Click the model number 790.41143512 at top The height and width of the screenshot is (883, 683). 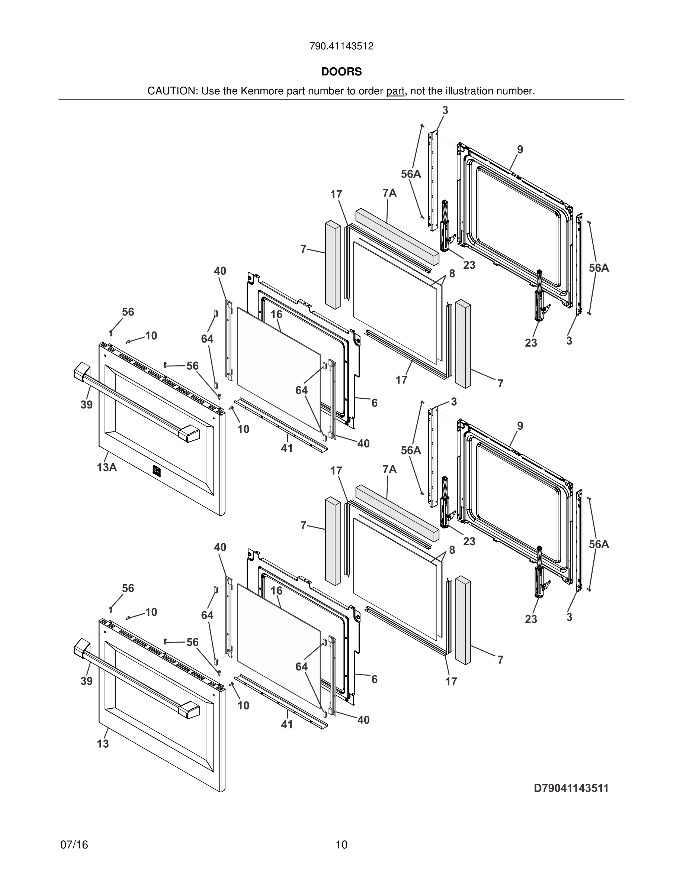tap(341, 46)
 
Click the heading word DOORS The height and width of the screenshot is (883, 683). tap(341, 72)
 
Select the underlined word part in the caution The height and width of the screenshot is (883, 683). tap(395, 91)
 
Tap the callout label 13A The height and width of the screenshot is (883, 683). tap(107, 468)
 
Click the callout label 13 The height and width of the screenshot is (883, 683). tap(103, 744)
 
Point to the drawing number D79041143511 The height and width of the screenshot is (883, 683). tap(571, 788)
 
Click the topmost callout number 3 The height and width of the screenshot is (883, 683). tap(445, 110)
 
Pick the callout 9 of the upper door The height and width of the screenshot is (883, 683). tap(520, 150)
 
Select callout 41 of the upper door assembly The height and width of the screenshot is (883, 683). tap(287, 448)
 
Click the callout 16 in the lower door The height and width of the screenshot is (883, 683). tap(276, 591)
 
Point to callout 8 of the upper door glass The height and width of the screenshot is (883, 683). tap(452, 274)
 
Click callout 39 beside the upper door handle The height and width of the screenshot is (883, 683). tap(87, 405)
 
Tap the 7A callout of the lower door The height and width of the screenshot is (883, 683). tap(389, 469)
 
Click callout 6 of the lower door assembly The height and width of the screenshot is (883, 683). tap(374, 679)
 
